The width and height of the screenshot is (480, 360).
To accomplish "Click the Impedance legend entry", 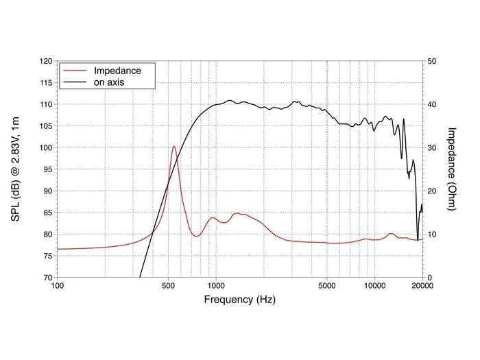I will pyautogui.click(x=117, y=71).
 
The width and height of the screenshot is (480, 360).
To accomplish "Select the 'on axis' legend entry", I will pyautogui.click(x=108, y=82).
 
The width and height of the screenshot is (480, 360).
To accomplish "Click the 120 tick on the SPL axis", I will pyautogui.click(x=47, y=61).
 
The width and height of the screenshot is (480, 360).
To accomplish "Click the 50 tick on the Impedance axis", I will pyautogui.click(x=433, y=61).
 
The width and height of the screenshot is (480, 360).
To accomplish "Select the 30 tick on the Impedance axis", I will pyautogui.click(x=433, y=147).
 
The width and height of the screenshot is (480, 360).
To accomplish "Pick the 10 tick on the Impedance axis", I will pyautogui.click(x=433, y=235).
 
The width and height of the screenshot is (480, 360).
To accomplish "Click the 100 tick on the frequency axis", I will pyautogui.click(x=58, y=285).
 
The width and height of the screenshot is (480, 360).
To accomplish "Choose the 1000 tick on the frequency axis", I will pyautogui.click(x=216, y=285).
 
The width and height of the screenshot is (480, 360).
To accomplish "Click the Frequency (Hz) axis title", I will pyautogui.click(x=239, y=300).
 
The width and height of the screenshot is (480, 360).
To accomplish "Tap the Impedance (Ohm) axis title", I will pyautogui.click(x=451, y=169).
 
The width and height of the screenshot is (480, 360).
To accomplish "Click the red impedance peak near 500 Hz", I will pyautogui.click(x=174, y=147).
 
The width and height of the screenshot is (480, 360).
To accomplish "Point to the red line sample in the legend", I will pyautogui.click(x=76, y=71).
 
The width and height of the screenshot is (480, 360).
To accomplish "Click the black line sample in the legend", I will pyautogui.click(x=76, y=82).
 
